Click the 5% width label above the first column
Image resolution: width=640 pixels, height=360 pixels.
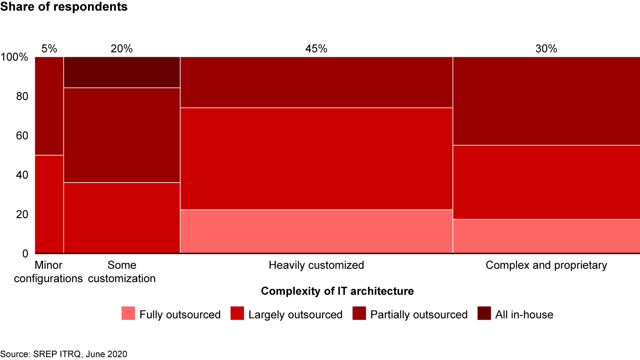tap(49, 49)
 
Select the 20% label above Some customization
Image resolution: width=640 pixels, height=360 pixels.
tap(122, 49)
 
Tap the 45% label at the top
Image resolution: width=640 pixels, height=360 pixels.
tap(316, 49)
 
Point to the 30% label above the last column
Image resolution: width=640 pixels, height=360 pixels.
tap(546, 49)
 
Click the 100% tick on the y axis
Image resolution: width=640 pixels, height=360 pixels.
tap(15, 57)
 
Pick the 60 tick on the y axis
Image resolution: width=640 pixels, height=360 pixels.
tap(22, 136)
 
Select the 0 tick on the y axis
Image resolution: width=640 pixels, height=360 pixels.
tap(25, 253)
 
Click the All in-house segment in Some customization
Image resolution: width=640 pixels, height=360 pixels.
tap(122, 72)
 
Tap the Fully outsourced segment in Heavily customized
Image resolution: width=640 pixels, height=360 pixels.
tap(316, 232)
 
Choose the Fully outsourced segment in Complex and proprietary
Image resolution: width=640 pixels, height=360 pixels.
tap(546, 236)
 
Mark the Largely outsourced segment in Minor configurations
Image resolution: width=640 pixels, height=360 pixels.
tap(49, 204)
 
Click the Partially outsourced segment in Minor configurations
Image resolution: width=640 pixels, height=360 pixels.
tap(49, 106)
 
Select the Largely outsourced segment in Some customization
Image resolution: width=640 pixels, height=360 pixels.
tap(122, 218)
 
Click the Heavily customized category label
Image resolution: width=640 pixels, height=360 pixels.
tap(316, 266)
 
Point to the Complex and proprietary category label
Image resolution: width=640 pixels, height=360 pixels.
tap(546, 266)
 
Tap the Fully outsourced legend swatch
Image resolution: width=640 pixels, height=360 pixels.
tap(128, 314)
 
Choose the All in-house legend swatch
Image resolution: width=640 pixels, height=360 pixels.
tap(484, 314)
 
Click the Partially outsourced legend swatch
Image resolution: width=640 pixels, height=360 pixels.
tap(359, 314)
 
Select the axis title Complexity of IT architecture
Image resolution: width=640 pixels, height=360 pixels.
tap(337, 292)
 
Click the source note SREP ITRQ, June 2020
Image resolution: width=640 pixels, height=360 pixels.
tap(64, 354)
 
